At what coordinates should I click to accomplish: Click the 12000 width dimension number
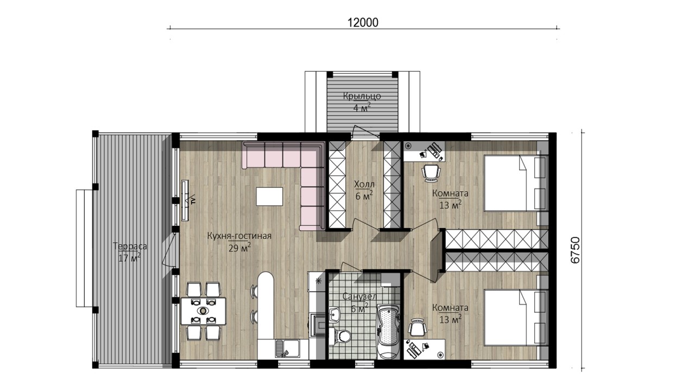coord(363,23)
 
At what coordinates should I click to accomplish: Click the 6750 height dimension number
coord(575,250)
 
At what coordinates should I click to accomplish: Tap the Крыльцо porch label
coord(362,97)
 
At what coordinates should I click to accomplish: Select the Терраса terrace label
coord(130,247)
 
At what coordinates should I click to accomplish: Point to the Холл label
coord(364,185)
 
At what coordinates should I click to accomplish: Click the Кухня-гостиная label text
coord(239,236)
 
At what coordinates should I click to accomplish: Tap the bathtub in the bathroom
coord(388,331)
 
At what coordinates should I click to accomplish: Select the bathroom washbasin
coord(334,314)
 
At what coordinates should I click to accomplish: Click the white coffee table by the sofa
coord(269,197)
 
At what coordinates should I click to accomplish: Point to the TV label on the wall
coord(193,200)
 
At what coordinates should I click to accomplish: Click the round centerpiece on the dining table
coord(203,311)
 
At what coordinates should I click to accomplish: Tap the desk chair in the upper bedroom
coord(431,172)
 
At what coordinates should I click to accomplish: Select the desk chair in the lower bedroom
coord(418,327)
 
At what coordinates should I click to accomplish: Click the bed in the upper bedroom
coord(515,184)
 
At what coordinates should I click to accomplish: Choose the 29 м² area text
coord(239,247)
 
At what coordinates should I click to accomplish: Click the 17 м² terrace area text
coord(129,257)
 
